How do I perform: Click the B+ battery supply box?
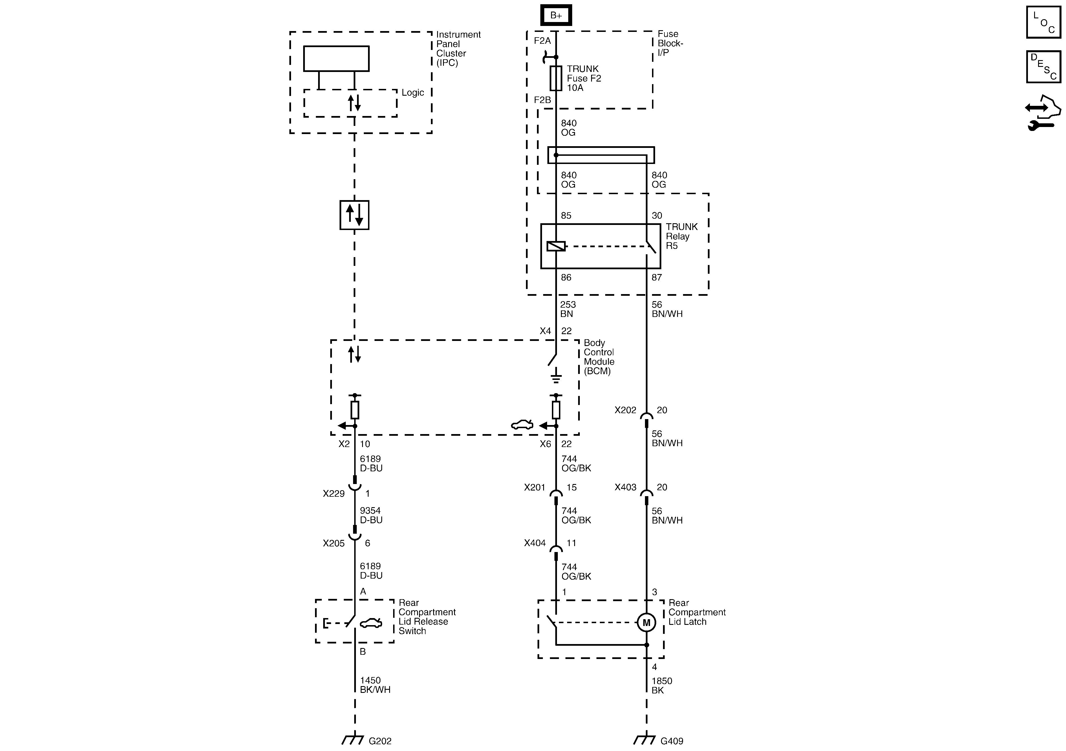tap(556, 15)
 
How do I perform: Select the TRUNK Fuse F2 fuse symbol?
tap(556, 78)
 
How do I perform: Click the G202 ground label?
tap(380, 741)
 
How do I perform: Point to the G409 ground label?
tap(671, 741)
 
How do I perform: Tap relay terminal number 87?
tap(657, 277)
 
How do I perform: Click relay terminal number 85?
tap(566, 216)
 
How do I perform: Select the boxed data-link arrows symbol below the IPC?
tap(354, 215)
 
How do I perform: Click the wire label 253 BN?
tap(567, 309)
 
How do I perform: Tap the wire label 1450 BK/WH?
tap(375, 685)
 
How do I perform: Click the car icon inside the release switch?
tap(371, 623)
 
